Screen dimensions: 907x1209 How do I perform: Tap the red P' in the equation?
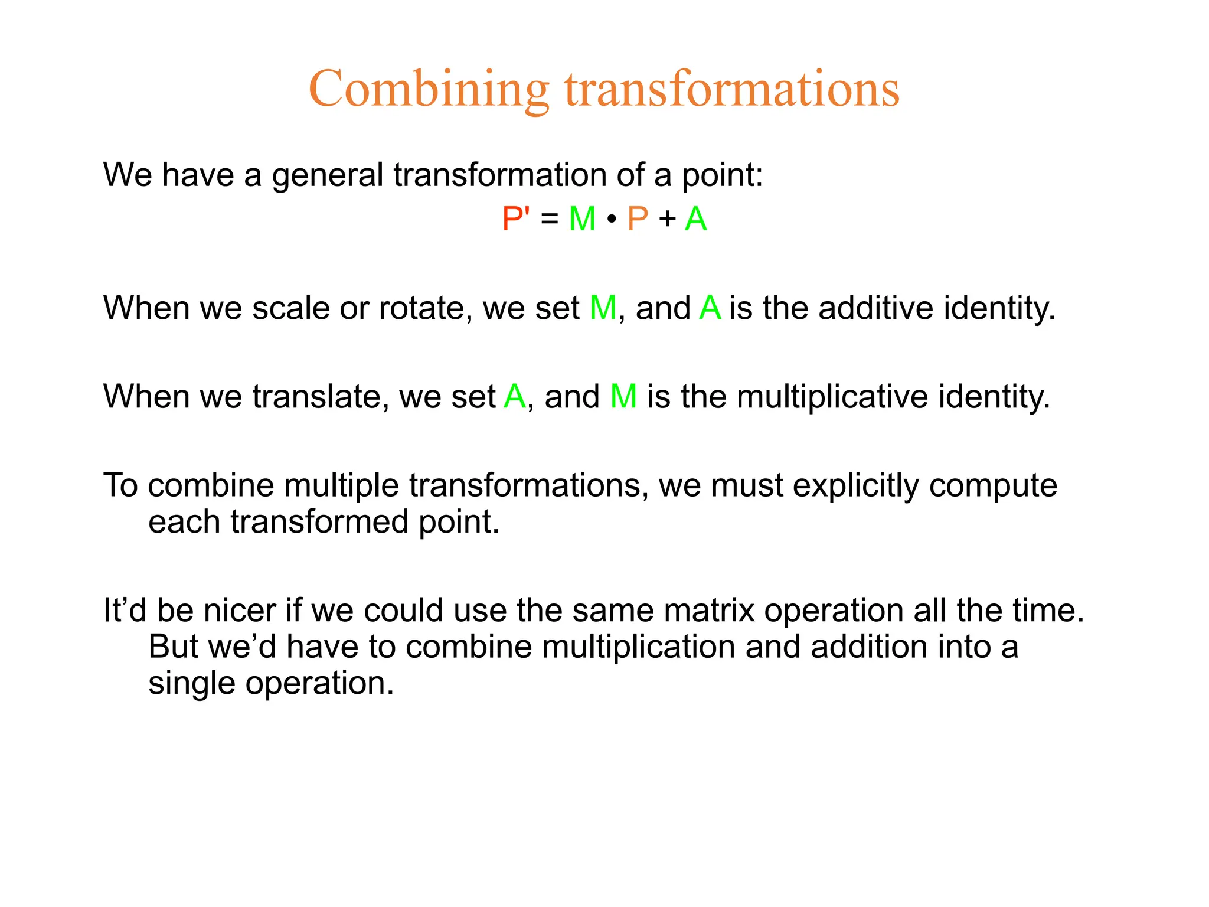pyautogui.click(x=515, y=218)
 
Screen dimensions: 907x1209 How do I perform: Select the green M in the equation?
pyautogui.click(x=582, y=218)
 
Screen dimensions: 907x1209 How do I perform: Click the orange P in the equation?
pyautogui.click(x=638, y=218)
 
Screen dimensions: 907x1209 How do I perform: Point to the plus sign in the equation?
pyautogui.click(x=668, y=219)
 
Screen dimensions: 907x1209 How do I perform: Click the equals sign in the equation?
pyautogui.click(x=549, y=219)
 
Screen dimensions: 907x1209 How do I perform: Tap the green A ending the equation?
pyautogui.click(x=695, y=218)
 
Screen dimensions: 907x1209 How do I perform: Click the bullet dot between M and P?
pyautogui.click(x=612, y=220)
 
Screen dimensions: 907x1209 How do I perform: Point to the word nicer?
pyautogui.click(x=240, y=610)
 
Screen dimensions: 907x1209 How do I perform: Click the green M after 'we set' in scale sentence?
pyautogui.click(x=603, y=308)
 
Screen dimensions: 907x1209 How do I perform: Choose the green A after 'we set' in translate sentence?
pyautogui.click(x=515, y=396)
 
